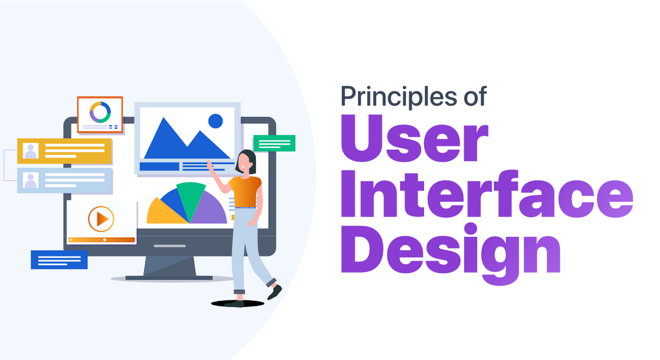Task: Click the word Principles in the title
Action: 398,97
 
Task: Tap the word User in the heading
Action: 414,138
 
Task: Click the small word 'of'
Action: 475,96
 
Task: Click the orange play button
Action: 101,219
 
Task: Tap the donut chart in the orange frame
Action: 100,112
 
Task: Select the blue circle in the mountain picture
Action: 215,121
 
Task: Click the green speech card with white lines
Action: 274,143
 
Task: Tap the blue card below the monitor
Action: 60,260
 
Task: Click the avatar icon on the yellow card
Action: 31,150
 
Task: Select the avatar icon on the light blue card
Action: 31,180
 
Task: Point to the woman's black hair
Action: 249,161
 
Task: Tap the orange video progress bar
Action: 101,240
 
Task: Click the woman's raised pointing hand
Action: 210,165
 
